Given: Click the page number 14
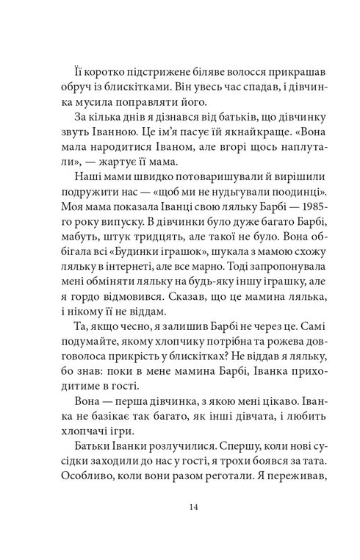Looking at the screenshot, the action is (x=179, y=506).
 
